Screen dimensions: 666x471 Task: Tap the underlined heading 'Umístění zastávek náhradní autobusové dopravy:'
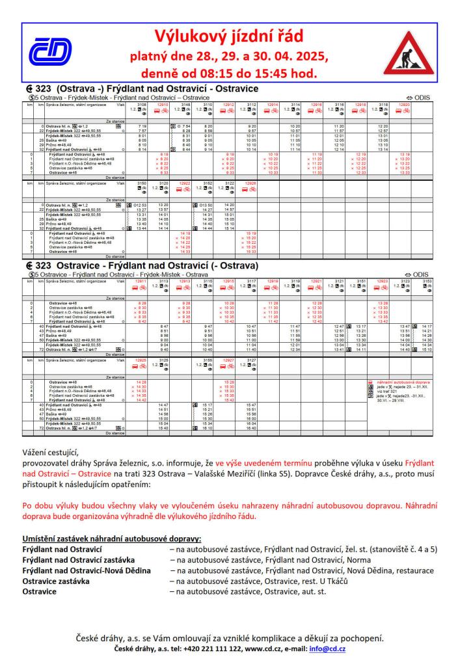(111, 539)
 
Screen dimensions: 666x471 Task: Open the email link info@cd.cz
(328, 649)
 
